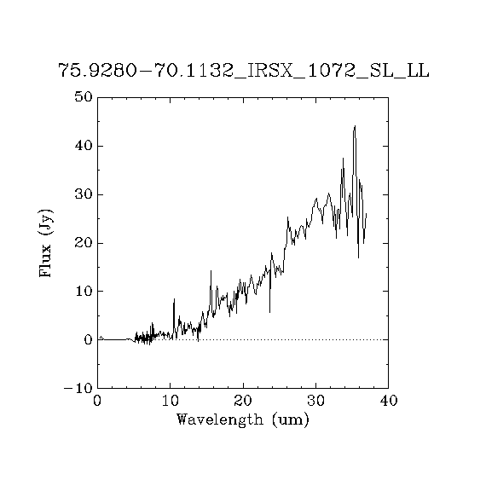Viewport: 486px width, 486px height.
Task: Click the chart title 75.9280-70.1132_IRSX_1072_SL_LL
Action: tap(244, 71)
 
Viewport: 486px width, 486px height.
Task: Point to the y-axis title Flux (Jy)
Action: tap(45, 243)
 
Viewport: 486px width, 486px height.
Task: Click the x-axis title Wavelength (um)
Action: tap(243, 420)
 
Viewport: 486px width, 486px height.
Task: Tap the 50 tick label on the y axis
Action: tap(84, 97)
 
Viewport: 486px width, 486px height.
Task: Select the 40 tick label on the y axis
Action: tap(84, 146)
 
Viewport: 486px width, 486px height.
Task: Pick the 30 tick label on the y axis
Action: tap(84, 194)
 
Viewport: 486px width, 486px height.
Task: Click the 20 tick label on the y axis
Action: tap(84, 243)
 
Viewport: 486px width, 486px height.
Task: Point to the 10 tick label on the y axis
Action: tap(84, 292)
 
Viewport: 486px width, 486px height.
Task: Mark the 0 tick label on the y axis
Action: tap(89, 340)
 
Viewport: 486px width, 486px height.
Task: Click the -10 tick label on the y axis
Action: tap(78, 388)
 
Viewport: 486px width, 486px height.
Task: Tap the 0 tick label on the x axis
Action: tap(97, 401)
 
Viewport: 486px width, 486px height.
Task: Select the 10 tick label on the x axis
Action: tap(171, 401)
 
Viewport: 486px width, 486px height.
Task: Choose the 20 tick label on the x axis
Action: tap(243, 401)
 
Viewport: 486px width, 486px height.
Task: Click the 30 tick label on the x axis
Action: tap(315, 401)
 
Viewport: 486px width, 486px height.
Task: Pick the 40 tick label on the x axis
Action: tap(388, 401)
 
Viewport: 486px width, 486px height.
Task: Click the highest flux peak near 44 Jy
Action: tap(355, 126)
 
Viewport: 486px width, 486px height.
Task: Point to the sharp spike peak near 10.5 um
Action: tap(174, 299)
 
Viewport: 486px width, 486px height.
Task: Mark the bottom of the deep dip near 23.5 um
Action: tap(269, 312)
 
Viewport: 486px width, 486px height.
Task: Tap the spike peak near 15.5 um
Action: tap(211, 271)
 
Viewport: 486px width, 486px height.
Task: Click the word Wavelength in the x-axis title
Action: tap(219, 420)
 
